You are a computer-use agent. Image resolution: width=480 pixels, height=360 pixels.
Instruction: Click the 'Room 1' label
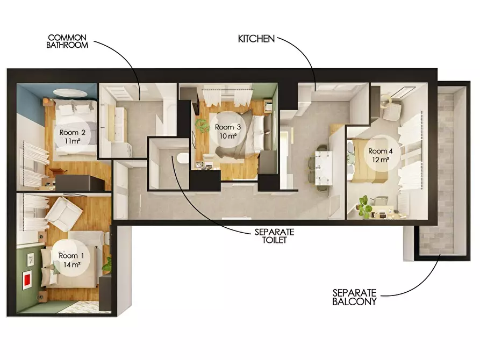(x=71, y=256)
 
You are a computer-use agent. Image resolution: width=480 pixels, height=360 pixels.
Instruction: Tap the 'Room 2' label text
(x=72, y=133)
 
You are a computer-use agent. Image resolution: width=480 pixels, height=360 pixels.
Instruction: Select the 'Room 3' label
(x=228, y=127)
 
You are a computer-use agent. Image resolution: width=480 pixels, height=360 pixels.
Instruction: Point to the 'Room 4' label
(x=380, y=151)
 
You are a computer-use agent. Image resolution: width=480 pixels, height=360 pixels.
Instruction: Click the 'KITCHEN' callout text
(x=256, y=39)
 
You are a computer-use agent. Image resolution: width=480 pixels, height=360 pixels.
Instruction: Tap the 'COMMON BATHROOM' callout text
(x=67, y=41)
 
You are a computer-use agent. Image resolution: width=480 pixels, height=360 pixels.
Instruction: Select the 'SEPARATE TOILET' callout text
(x=274, y=236)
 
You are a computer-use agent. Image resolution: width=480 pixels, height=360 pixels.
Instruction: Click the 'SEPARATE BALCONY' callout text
(x=354, y=297)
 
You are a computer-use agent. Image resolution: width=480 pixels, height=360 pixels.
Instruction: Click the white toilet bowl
(x=183, y=159)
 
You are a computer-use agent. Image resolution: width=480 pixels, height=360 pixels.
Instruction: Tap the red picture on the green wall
(x=27, y=280)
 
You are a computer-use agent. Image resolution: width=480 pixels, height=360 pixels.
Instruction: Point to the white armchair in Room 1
(x=63, y=213)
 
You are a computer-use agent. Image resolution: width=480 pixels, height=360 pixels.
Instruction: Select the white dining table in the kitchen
(x=324, y=168)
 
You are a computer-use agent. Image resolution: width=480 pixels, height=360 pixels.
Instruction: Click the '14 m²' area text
(x=72, y=264)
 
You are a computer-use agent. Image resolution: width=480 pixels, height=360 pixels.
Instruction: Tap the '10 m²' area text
(x=228, y=136)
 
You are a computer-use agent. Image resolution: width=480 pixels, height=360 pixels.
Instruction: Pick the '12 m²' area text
(x=381, y=160)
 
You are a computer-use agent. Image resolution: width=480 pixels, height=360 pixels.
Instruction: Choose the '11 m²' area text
(x=73, y=141)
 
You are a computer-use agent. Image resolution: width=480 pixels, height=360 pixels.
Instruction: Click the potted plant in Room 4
(x=364, y=206)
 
